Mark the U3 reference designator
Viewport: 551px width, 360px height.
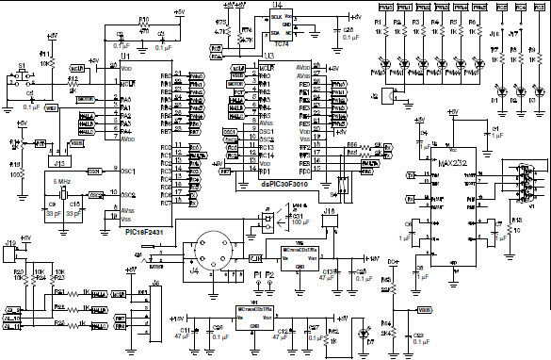click(268, 58)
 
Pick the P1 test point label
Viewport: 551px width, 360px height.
click(257, 273)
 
